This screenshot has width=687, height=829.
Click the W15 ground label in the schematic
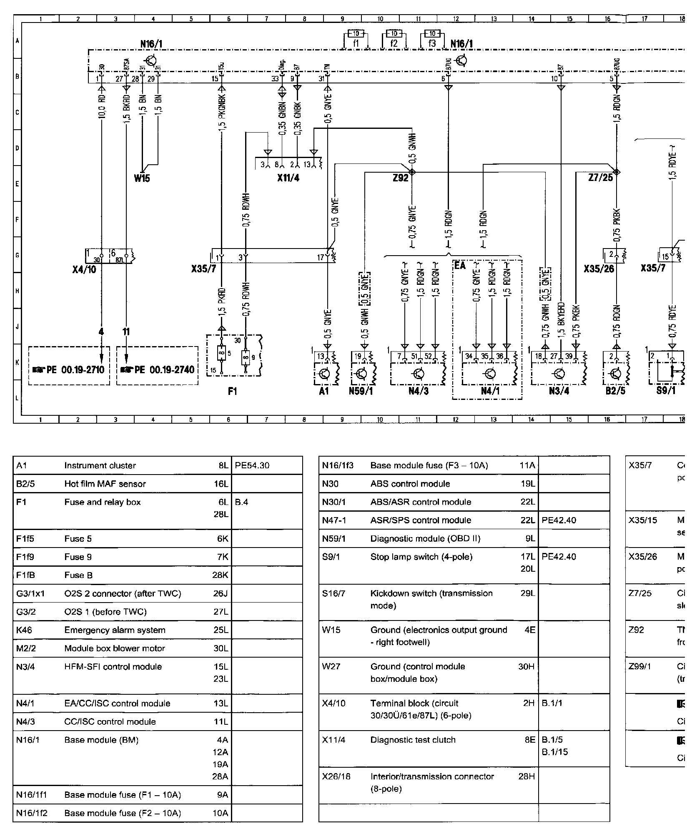[142, 178]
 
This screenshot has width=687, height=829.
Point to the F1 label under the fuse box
[233, 391]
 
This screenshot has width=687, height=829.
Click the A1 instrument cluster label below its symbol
[324, 391]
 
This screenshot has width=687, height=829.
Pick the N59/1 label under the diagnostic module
[361, 391]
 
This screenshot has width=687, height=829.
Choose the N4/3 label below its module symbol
[419, 391]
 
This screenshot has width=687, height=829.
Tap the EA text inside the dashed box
[460, 266]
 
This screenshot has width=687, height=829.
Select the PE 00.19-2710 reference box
[69, 369]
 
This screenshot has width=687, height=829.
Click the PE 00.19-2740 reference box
[157, 369]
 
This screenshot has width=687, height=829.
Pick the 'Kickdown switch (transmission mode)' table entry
[431, 599]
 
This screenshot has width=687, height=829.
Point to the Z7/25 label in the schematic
[601, 178]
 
